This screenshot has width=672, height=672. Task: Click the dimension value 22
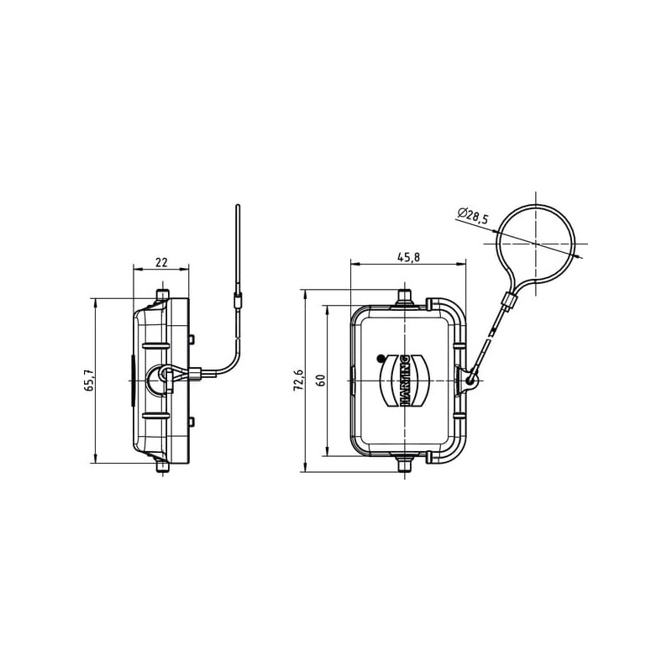(x=161, y=262)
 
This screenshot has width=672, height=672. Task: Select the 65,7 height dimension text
(x=90, y=381)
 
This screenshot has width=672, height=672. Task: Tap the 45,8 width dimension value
(x=408, y=257)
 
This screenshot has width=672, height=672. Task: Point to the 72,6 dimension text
(x=298, y=380)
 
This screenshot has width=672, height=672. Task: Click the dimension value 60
(x=322, y=381)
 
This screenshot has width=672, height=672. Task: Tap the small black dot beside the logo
(x=381, y=359)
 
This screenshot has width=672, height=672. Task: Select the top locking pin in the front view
(x=405, y=298)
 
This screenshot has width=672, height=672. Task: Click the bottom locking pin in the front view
(x=405, y=464)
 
